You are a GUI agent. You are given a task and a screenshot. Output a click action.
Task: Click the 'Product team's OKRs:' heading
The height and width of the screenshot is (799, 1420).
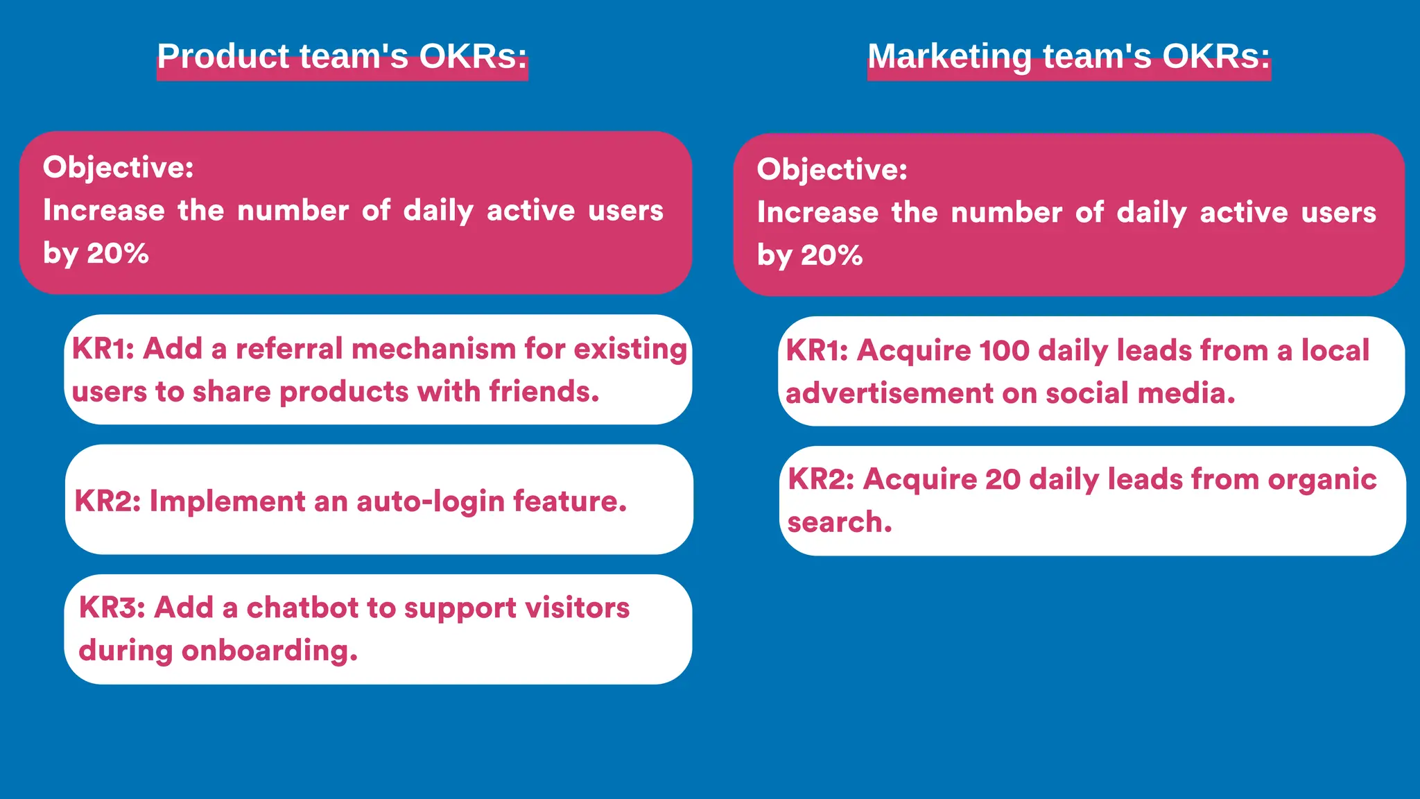pos(342,56)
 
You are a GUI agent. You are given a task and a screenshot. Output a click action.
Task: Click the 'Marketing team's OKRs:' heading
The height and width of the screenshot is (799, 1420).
pos(1068,56)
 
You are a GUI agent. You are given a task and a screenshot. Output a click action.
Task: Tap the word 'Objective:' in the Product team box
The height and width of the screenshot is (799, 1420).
pos(118,167)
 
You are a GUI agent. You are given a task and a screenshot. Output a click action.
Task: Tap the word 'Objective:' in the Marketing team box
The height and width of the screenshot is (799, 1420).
pos(832,169)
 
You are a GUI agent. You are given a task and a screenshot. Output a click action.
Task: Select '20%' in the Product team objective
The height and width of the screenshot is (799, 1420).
pos(118,253)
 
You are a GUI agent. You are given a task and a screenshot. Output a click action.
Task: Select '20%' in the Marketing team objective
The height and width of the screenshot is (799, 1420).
pos(832,255)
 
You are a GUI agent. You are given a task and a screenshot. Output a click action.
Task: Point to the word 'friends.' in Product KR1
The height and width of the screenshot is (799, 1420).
pos(544,392)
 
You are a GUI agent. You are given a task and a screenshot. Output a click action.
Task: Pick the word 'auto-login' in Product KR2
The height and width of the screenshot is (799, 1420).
pos(430,501)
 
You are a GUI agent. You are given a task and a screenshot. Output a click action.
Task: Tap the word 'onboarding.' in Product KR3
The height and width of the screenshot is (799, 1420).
pos(270,651)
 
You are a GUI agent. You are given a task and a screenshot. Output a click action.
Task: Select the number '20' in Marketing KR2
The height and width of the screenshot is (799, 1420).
pos(1003,479)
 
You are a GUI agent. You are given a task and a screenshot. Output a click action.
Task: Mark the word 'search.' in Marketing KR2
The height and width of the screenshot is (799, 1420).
pos(840,522)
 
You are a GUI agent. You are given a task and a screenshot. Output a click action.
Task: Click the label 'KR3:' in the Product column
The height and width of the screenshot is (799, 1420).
pos(112,608)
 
